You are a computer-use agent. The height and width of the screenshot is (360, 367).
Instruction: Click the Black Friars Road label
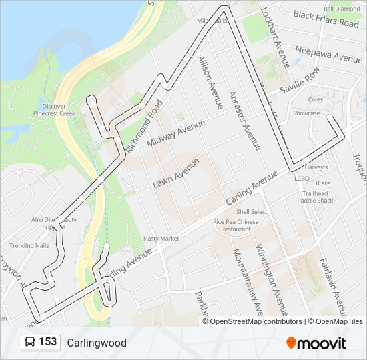pos(326,19)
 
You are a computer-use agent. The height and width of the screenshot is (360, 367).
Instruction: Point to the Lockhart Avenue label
pos(274,37)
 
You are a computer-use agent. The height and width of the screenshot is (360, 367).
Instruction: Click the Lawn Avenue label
pos(176,172)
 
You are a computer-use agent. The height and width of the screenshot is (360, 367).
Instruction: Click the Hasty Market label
pos(161,239)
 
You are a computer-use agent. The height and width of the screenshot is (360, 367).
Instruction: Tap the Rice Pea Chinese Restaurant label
pos(236,225)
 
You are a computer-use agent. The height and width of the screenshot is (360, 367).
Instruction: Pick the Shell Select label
pos(251,212)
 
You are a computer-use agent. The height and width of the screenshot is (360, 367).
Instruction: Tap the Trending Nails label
pos(29,245)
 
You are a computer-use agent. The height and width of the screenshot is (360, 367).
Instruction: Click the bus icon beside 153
pos(31,343)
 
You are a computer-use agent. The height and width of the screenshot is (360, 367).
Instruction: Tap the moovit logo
pos(316,343)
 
